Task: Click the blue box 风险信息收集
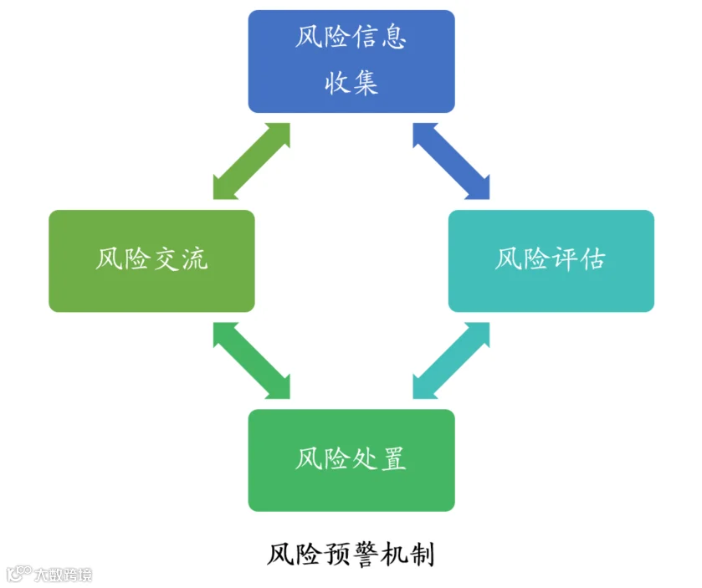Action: click(351, 61)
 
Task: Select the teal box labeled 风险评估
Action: click(551, 261)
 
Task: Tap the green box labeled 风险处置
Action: click(351, 461)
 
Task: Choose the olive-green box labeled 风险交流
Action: click(151, 261)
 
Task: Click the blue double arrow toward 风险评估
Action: click(451, 161)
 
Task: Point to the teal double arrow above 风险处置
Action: click(451, 360)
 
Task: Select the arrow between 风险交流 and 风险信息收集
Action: click(252, 161)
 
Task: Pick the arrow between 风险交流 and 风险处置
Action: click(252, 360)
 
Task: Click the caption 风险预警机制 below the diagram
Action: click(351, 555)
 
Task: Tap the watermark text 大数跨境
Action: click(64, 575)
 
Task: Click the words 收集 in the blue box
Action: click(351, 83)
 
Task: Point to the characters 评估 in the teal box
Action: click(578, 258)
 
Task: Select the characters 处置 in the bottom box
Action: click(379, 458)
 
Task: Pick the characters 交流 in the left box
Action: click(180, 258)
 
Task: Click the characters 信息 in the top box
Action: click(379, 36)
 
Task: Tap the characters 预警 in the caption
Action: click(351, 555)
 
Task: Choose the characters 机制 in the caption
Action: click(407, 555)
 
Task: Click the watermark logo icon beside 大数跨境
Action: click(19, 574)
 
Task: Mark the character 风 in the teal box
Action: click(509, 258)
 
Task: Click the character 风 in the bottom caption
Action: click(280, 555)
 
